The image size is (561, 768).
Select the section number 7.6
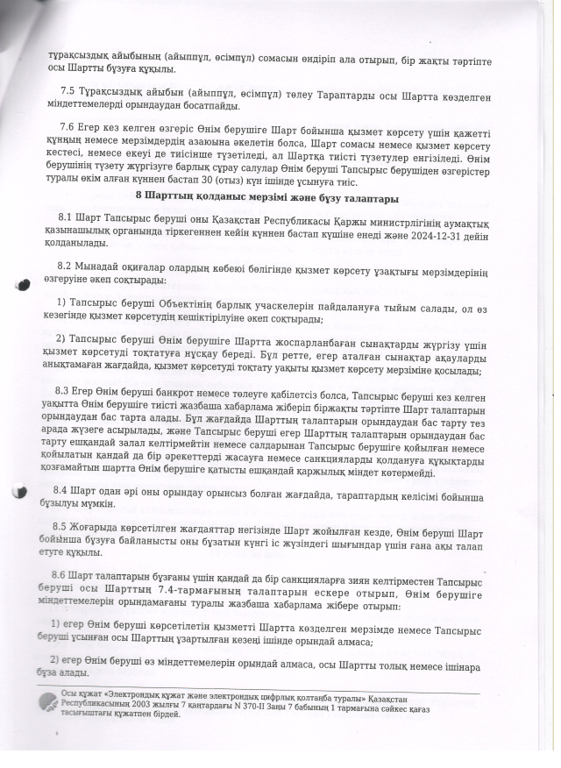[x=67, y=128]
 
